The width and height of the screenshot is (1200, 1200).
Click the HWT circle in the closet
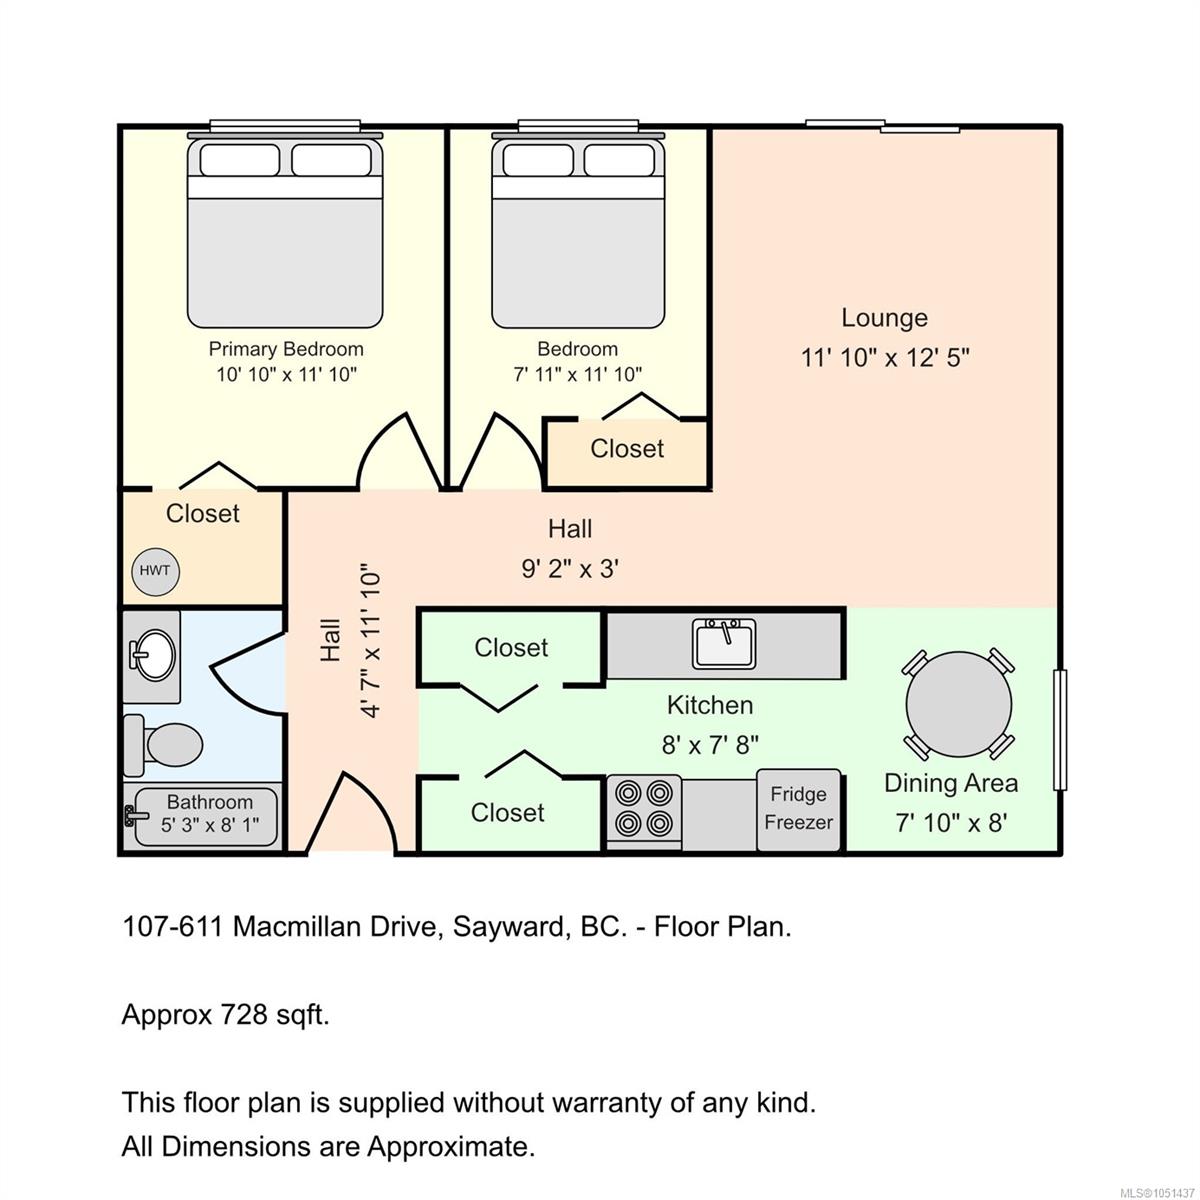point(155,571)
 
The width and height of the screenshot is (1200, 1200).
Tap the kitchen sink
point(724,643)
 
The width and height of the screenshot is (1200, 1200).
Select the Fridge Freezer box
point(798,809)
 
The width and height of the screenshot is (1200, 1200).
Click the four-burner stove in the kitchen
point(644,810)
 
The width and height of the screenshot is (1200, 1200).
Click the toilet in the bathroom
point(164,745)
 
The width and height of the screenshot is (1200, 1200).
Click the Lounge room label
point(884,318)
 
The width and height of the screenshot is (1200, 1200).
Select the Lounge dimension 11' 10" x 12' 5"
point(885,358)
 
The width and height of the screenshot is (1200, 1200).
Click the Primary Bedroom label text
point(286,349)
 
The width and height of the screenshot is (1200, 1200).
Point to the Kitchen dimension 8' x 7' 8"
point(710,744)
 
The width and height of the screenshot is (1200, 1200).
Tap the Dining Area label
point(951,783)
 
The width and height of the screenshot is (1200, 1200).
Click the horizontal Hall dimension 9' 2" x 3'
point(570,569)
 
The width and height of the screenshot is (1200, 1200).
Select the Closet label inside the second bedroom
point(627,448)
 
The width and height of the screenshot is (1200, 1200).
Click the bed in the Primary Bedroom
point(285,230)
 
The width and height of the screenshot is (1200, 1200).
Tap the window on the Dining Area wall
point(1059,730)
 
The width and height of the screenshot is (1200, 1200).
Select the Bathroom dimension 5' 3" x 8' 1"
point(210,825)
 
